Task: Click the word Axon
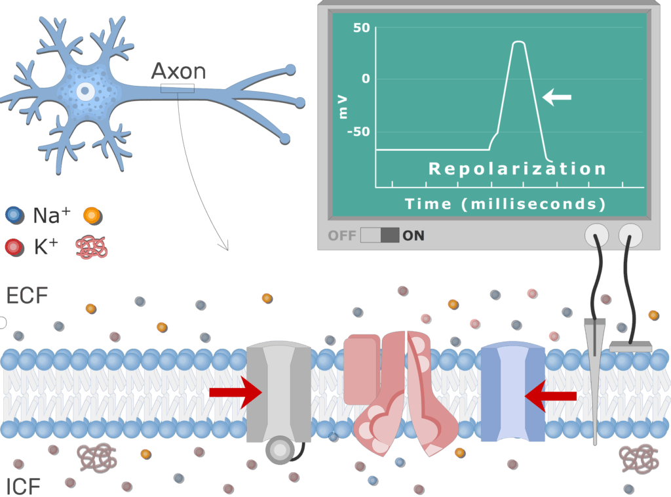pos(178,71)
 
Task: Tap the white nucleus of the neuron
pos(85,91)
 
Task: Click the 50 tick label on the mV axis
pos(361,28)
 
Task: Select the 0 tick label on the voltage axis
pos(365,79)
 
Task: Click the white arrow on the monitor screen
pos(557,98)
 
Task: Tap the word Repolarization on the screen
pos(517,169)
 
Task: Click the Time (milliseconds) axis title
pos(505,204)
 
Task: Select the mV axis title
pos(343,106)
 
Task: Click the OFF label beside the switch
pos(342,235)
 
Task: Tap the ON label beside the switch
pos(413,235)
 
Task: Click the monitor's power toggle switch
pos(379,235)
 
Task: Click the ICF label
pos(24,486)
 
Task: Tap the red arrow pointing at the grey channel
pos(235,393)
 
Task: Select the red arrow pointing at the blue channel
pos(551,396)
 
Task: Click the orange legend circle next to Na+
pos(92,215)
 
